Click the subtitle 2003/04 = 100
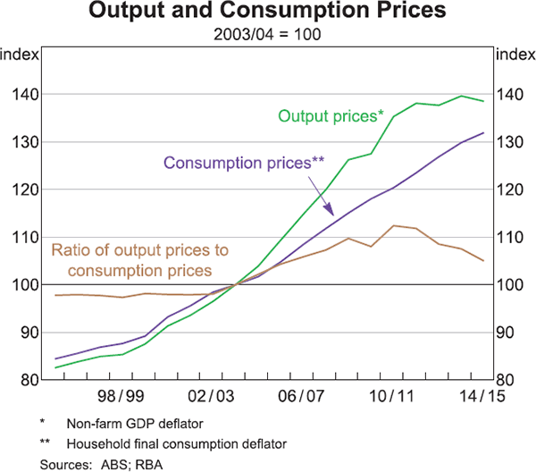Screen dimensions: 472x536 tap(268, 36)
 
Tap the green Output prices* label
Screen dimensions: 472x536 tap(331, 115)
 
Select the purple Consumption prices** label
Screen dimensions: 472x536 tap(244, 163)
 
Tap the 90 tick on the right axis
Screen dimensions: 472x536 tap(507, 333)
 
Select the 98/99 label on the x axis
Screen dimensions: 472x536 tap(121, 394)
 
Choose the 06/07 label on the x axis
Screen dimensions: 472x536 tap(301, 394)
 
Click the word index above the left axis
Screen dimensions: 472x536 tap(21, 55)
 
